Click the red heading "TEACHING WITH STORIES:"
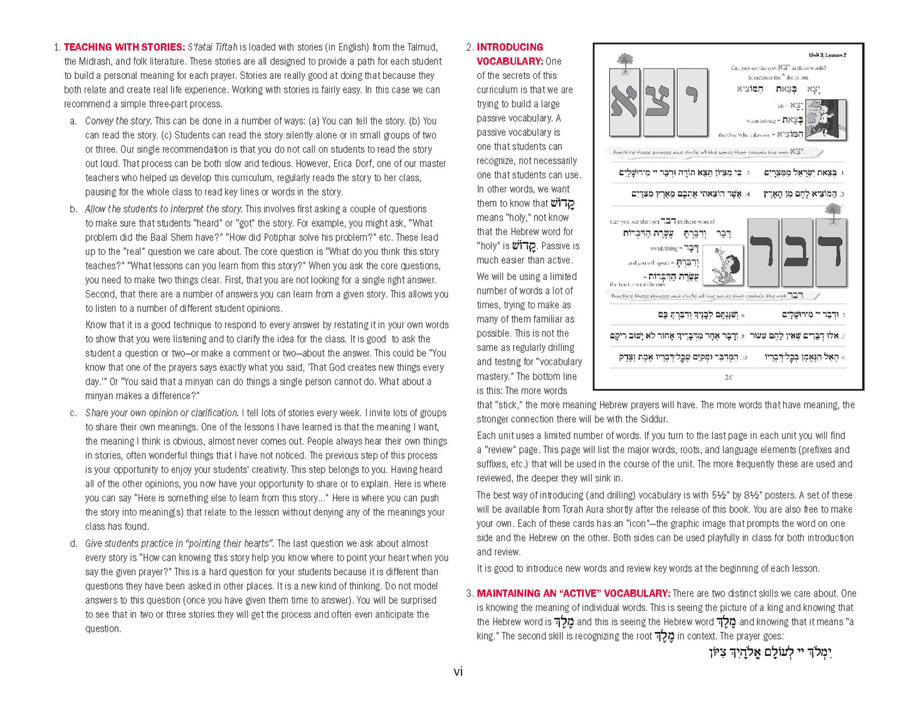tap(124, 47)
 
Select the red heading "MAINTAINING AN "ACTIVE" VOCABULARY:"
tap(573, 593)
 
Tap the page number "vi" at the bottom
tap(458, 672)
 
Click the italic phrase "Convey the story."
tap(118, 121)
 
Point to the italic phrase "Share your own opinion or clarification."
tap(162, 413)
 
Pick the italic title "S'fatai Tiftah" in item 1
tap(213, 47)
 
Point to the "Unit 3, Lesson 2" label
tap(826, 55)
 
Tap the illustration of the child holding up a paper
tap(724, 263)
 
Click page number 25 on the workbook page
tap(728, 377)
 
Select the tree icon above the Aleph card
tap(624, 61)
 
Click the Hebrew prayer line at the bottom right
tap(770, 653)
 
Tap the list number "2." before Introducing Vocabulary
tap(470, 47)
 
